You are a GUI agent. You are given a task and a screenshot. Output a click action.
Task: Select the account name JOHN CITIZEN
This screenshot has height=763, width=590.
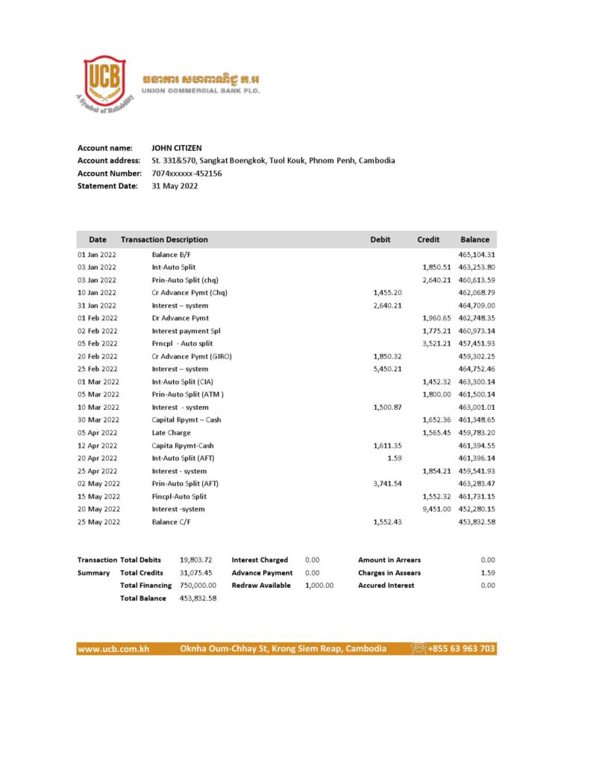177,148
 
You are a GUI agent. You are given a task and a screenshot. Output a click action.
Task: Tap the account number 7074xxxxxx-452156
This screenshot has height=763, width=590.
186,174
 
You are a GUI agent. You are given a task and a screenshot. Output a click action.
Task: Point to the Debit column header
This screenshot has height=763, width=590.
380,240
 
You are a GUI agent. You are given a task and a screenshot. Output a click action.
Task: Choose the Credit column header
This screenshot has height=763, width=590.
428,240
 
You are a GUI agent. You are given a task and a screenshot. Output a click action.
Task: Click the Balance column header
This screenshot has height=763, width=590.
475,240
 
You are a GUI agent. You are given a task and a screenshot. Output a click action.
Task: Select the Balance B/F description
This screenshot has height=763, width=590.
173,255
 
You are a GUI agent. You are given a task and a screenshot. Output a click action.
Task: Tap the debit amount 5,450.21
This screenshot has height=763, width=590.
387,369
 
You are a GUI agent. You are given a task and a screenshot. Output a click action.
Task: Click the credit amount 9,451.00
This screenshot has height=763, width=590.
436,509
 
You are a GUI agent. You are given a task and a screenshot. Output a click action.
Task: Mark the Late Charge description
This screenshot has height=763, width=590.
172,432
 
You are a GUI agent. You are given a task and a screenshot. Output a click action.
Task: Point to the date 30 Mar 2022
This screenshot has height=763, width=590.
98,420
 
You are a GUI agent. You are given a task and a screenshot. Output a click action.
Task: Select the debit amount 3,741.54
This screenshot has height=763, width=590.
387,484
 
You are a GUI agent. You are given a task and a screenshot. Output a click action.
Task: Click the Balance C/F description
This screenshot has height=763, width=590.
173,522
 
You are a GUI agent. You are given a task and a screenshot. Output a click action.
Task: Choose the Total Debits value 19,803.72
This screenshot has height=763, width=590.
196,560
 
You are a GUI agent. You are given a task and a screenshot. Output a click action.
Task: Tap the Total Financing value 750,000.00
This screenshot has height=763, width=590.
198,586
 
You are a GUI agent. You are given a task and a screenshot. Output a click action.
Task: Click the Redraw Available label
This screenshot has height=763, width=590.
261,586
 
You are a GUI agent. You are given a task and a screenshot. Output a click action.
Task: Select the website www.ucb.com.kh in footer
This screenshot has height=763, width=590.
113,649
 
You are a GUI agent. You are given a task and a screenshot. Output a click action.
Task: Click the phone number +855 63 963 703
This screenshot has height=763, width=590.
461,649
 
